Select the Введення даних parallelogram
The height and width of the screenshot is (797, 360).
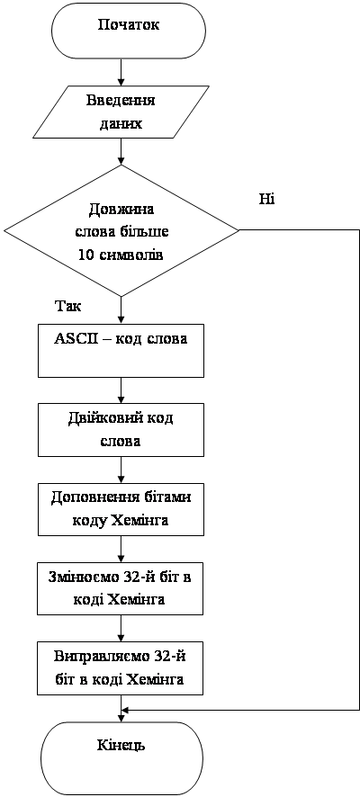click(x=121, y=112)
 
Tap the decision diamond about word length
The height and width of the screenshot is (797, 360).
click(x=121, y=231)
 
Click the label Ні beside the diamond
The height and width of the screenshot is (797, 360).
click(x=266, y=198)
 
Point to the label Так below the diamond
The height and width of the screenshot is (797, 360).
click(x=67, y=307)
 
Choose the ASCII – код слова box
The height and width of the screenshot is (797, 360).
click(x=121, y=350)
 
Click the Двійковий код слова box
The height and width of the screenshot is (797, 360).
click(x=121, y=429)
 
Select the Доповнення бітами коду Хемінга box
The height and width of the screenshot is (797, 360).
click(x=121, y=508)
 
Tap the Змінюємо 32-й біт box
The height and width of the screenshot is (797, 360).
click(x=121, y=587)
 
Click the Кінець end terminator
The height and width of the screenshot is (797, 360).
click(x=121, y=748)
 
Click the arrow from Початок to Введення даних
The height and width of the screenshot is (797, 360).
click(x=121, y=72)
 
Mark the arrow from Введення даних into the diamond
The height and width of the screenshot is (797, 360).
click(x=121, y=151)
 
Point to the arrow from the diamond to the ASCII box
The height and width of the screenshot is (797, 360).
click(x=121, y=310)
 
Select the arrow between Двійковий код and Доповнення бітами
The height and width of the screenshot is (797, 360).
click(x=121, y=470)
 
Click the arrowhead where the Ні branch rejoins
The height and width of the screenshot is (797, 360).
click(x=125, y=710)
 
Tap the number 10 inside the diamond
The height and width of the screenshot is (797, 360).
click(x=85, y=255)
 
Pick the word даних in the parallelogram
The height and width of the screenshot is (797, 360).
click(x=121, y=123)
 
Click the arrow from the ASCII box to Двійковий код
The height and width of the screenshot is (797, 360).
click(x=121, y=390)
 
